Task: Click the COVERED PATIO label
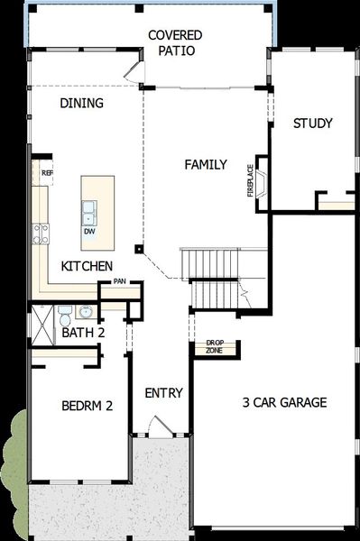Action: [x=175, y=43]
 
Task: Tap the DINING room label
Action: [x=82, y=103]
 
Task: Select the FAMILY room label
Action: [x=206, y=164]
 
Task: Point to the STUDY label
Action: [x=313, y=124]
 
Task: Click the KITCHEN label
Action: [x=87, y=266]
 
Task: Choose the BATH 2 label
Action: [x=84, y=333]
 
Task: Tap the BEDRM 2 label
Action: [x=87, y=406]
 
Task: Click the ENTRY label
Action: [x=164, y=393]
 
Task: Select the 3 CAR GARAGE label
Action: [x=284, y=402]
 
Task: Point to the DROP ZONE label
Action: [x=214, y=346]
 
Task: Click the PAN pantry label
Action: [x=120, y=282]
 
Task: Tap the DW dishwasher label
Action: [x=89, y=232]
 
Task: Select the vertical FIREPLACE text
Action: [x=251, y=180]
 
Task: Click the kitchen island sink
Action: [x=89, y=212]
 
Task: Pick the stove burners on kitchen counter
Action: [x=41, y=234]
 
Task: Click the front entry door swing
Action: [x=155, y=426]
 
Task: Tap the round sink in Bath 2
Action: [x=85, y=313]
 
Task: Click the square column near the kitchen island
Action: [x=139, y=248]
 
